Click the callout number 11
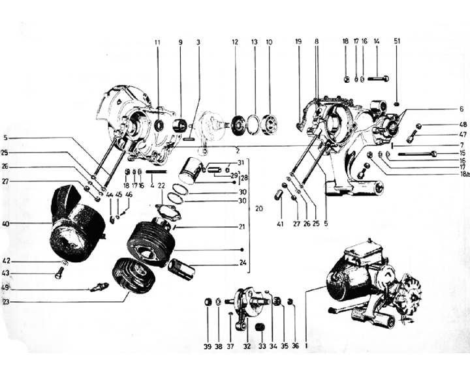(x=157, y=42)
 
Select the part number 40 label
(x=6, y=224)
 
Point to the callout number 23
(x=6, y=302)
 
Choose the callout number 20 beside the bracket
(x=259, y=209)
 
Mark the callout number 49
(x=6, y=288)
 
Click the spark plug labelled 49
(x=100, y=286)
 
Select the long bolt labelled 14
(x=378, y=79)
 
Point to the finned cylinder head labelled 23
(x=134, y=275)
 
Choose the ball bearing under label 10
(x=268, y=124)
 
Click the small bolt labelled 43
(x=59, y=275)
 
